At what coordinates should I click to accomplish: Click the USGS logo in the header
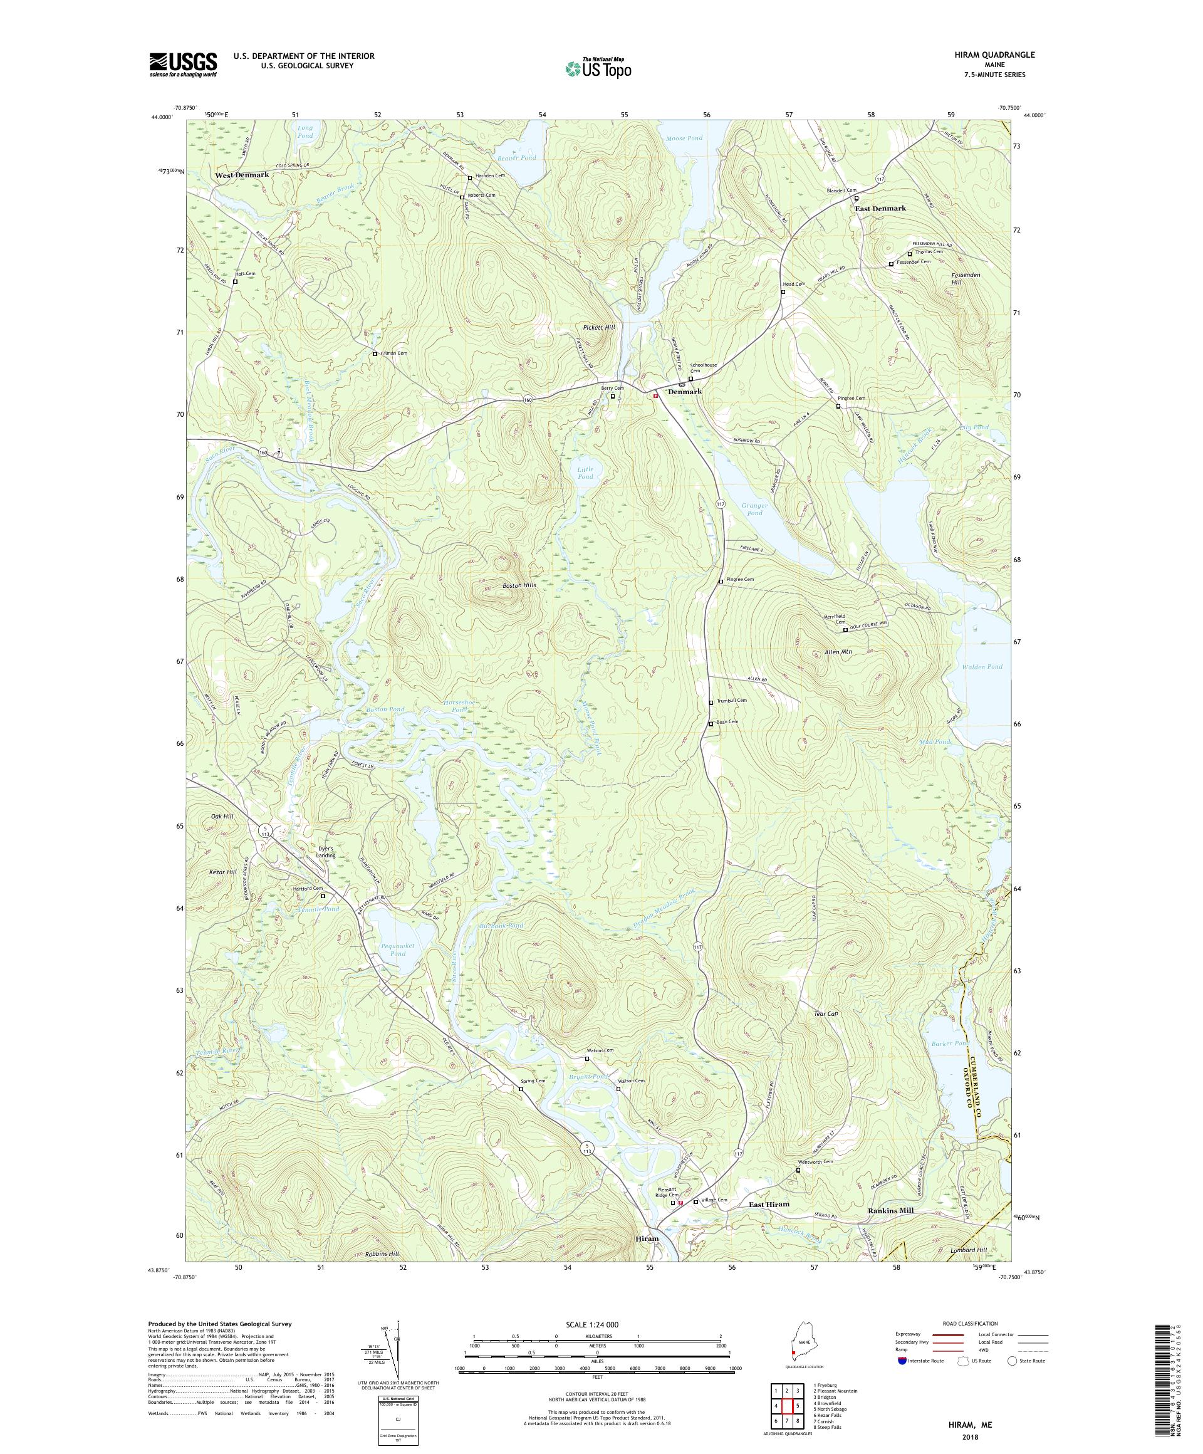[x=183, y=65]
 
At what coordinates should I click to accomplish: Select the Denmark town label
[x=685, y=391]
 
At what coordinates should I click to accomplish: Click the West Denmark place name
[x=241, y=175]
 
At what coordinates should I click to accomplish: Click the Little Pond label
[x=586, y=473]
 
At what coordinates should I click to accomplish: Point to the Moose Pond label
[x=684, y=138]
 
